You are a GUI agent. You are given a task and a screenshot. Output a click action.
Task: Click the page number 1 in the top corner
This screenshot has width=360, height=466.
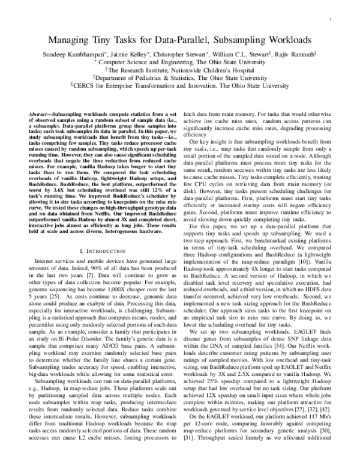pos(331,20)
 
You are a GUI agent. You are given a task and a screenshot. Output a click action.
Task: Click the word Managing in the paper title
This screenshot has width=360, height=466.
pos(73,41)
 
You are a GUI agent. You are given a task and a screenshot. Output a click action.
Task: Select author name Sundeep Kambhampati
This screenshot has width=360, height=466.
pos(65,53)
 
